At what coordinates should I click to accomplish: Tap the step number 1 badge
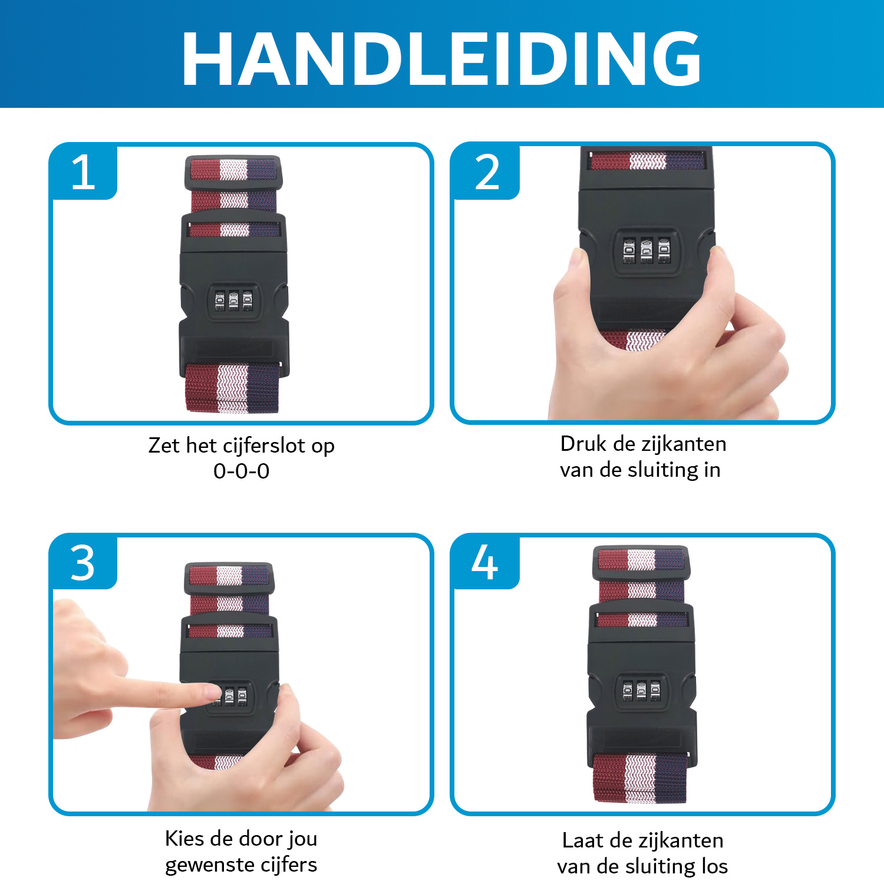[x=83, y=172]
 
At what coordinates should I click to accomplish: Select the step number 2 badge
[x=487, y=172]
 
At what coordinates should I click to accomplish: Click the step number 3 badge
[x=83, y=562]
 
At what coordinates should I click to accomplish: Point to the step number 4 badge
[x=484, y=562]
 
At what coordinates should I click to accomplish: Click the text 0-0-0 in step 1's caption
[x=241, y=471]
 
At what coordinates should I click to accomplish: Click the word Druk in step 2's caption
[x=583, y=444]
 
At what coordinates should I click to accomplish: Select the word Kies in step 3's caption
[x=184, y=838]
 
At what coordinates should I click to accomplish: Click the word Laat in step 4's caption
[x=583, y=840]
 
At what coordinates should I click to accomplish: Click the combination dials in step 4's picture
[x=641, y=690]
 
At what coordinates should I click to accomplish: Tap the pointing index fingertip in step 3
[x=209, y=692]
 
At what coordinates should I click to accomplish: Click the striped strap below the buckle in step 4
[x=640, y=778]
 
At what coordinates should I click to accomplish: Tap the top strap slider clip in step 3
[x=229, y=578]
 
